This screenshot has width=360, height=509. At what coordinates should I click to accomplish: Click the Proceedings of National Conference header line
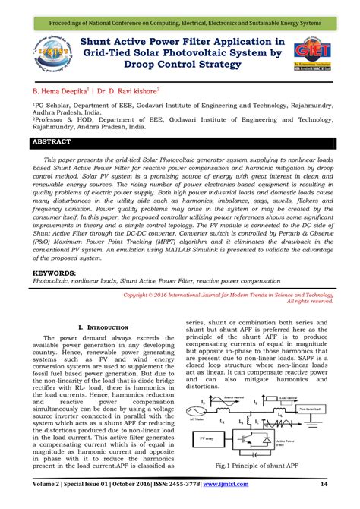(x=180, y=9)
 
